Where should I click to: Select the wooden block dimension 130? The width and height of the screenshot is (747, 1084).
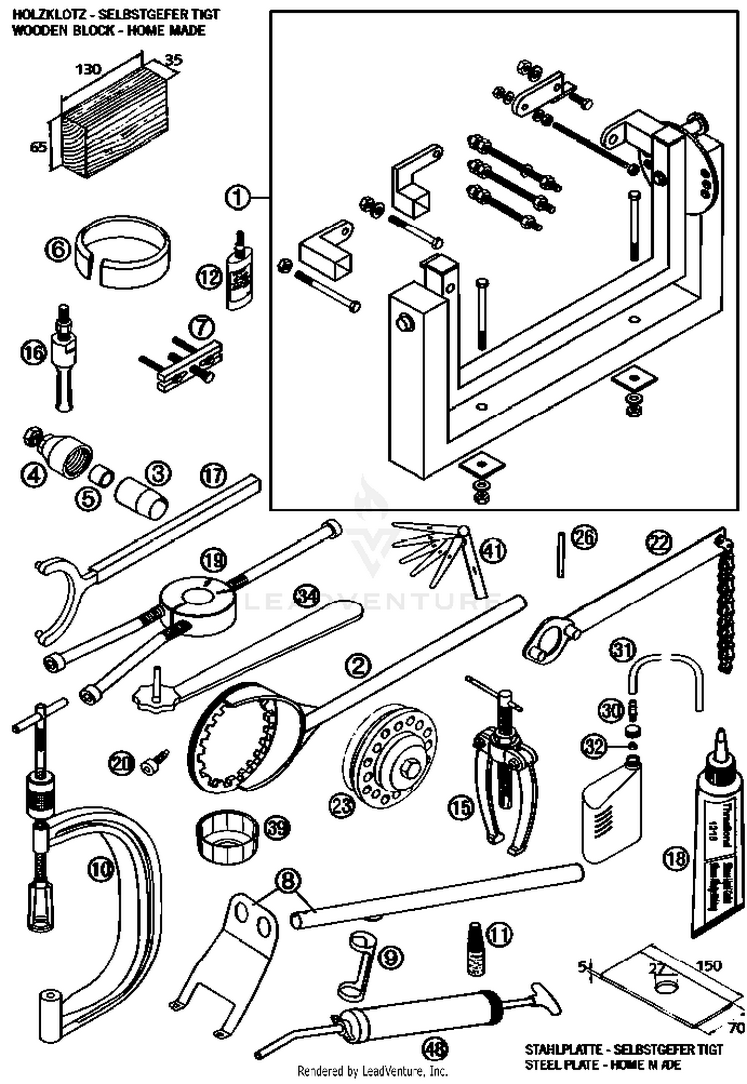pyautogui.click(x=88, y=69)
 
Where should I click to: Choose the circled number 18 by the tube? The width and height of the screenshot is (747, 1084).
pyautogui.click(x=676, y=857)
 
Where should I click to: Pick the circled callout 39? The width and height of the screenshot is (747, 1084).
pyautogui.click(x=276, y=829)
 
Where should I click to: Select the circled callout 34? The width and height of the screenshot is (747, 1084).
pyautogui.click(x=306, y=596)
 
